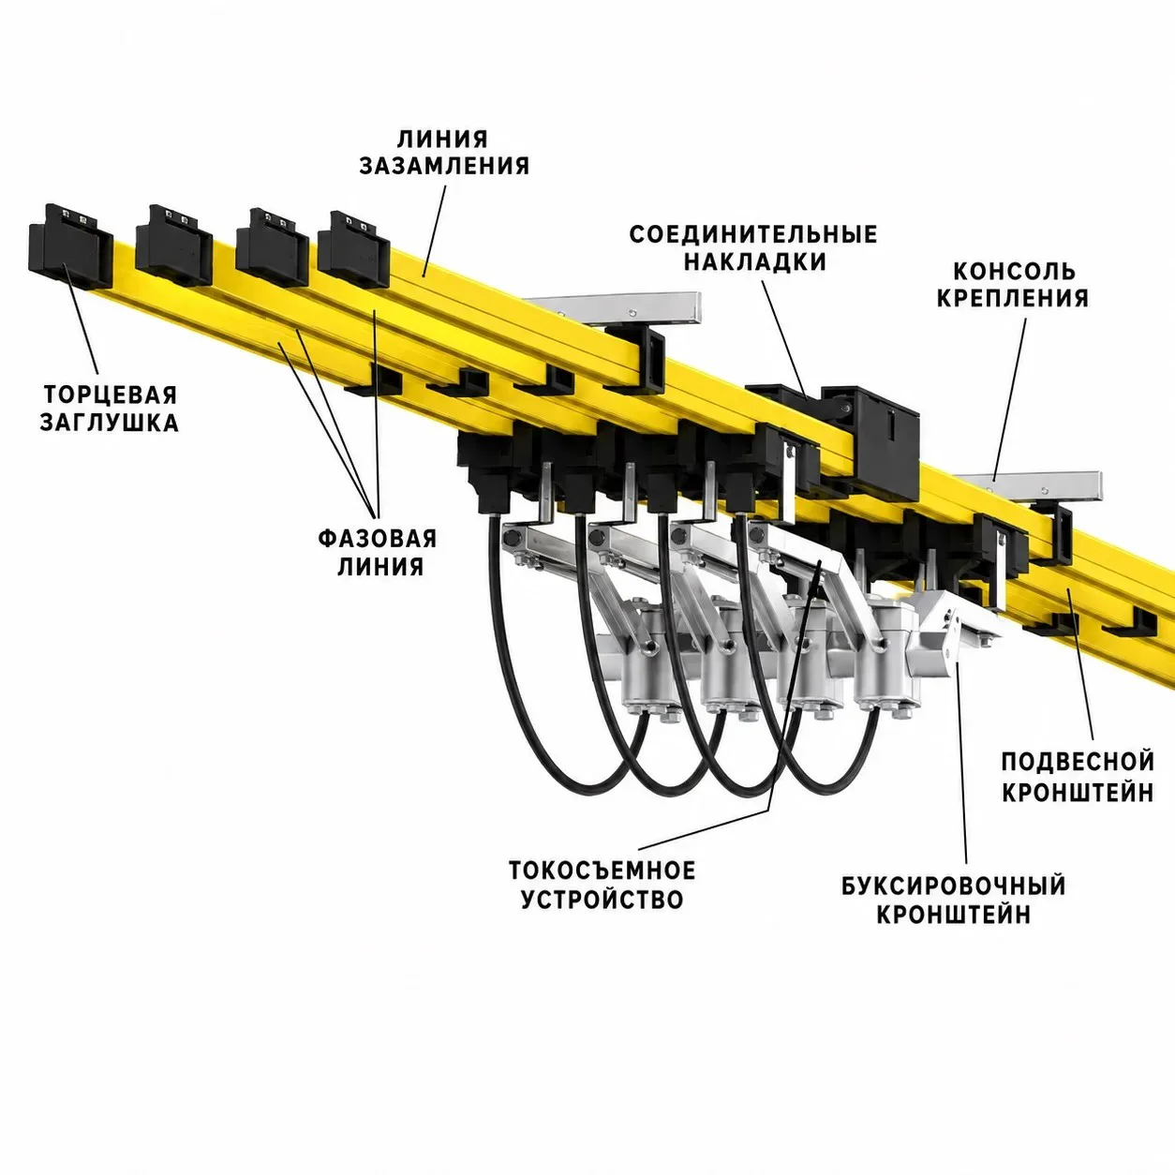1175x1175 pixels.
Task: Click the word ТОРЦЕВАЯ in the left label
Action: pyautogui.click(x=110, y=394)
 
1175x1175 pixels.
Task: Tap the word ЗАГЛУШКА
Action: pyautogui.click(x=109, y=423)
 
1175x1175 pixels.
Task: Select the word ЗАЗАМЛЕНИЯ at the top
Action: pyautogui.click(x=444, y=165)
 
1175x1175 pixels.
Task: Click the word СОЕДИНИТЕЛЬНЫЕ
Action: pyautogui.click(x=753, y=234)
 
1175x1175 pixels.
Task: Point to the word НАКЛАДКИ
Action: pyautogui.click(x=755, y=261)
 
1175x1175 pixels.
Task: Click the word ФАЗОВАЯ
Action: pyautogui.click(x=378, y=539)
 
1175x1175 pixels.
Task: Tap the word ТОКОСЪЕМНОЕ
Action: pyautogui.click(x=602, y=870)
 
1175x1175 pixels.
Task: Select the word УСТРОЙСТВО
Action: pyautogui.click(x=602, y=900)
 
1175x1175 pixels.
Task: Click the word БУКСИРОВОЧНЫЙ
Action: pyautogui.click(x=954, y=886)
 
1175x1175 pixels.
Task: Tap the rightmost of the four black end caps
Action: pyautogui.click(x=353, y=249)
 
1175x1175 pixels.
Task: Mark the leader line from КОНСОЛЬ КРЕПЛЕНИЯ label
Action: pyautogui.click(x=1008, y=400)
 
